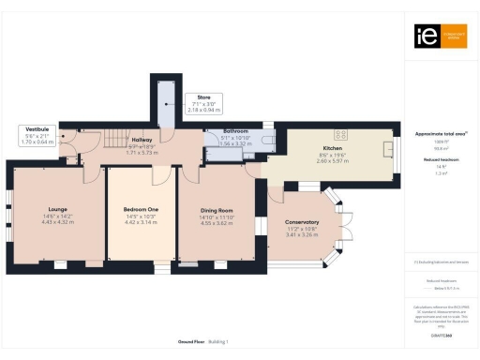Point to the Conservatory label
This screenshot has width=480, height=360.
[302, 221]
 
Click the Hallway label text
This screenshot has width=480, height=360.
[142, 140]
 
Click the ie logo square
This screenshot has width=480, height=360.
[423, 36]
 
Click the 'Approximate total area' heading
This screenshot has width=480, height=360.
[440, 133]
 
